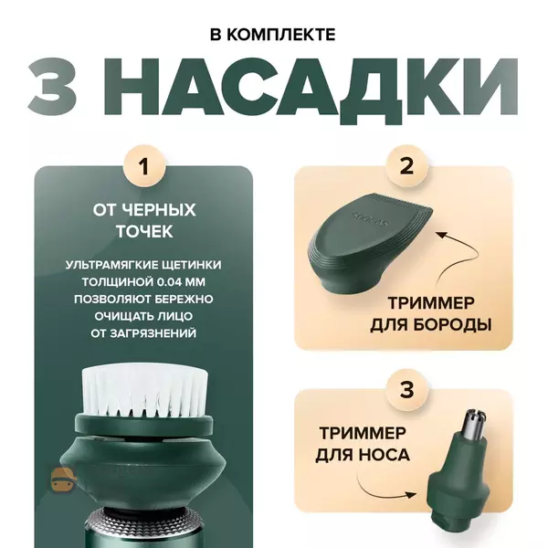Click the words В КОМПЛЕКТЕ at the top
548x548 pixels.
(273, 35)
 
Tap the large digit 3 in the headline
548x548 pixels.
(52, 86)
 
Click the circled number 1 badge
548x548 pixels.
(144, 166)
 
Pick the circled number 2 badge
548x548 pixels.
(406, 166)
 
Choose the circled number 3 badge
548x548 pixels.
(406, 389)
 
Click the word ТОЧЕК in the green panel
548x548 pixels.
(144, 231)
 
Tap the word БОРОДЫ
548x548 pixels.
(453, 324)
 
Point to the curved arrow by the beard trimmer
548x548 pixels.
(459, 258)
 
